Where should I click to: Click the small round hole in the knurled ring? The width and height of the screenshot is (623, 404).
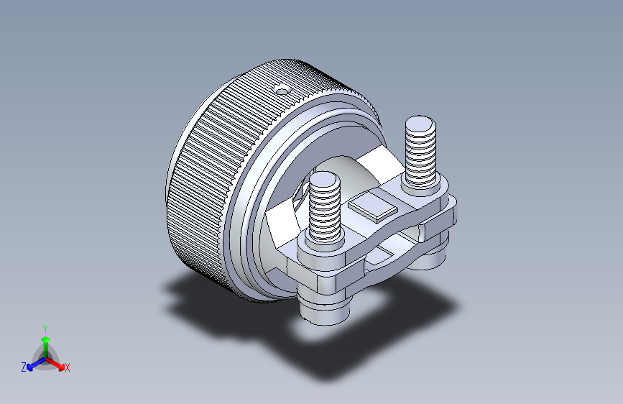pyautogui.click(x=282, y=91)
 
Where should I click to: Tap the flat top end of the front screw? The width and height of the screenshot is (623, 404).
pyautogui.click(x=325, y=180)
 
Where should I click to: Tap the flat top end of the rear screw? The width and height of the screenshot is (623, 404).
pyautogui.click(x=420, y=124)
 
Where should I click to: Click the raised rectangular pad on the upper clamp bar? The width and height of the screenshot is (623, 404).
pyautogui.click(x=373, y=208)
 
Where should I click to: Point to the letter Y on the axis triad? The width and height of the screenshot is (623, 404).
pyautogui.click(x=45, y=329)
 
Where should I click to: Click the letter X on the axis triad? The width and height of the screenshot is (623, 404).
pyautogui.click(x=67, y=368)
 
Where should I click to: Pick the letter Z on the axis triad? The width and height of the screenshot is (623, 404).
pyautogui.click(x=24, y=367)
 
